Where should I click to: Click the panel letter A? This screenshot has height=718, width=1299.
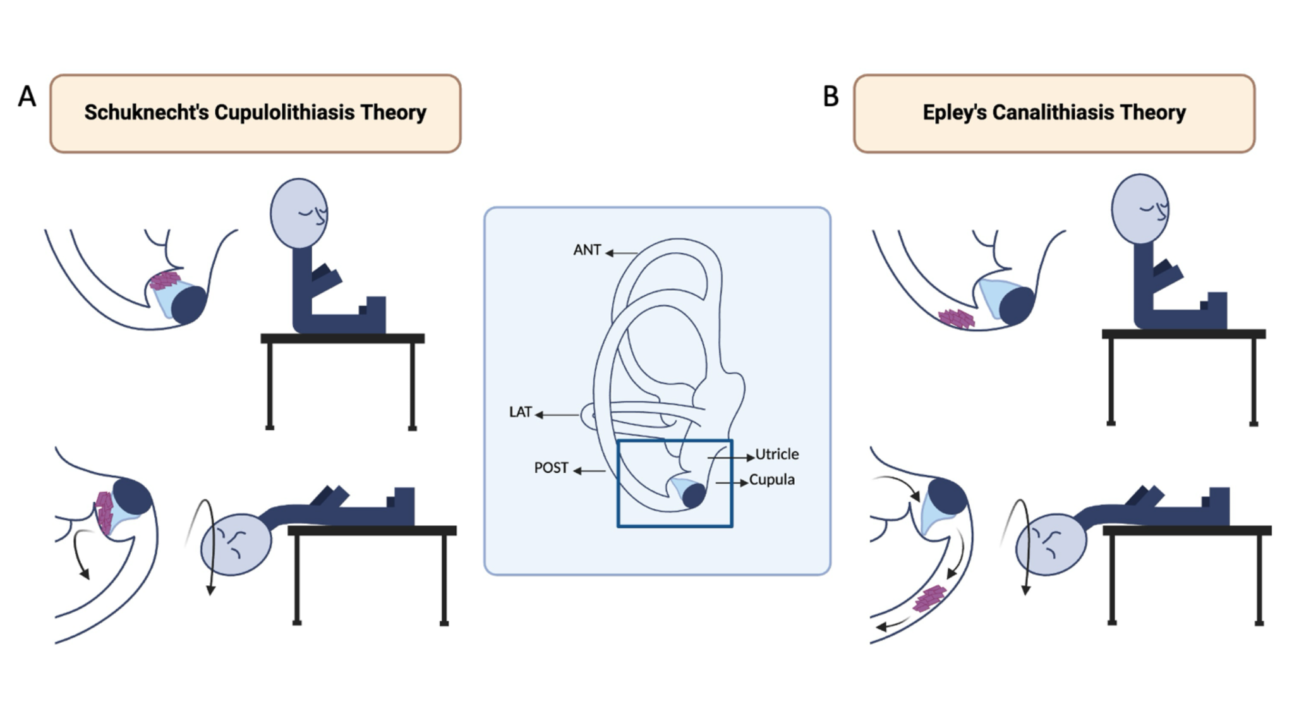[x=27, y=97]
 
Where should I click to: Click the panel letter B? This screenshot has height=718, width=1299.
[x=830, y=97]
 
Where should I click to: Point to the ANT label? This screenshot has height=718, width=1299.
[x=586, y=250]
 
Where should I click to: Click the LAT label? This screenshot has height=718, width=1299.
[x=521, y=412]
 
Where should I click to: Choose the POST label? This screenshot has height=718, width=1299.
[x=551, y=468]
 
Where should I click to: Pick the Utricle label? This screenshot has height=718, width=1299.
[x=777, y=454]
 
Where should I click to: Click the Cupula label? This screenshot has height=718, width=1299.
[x=771, y=480]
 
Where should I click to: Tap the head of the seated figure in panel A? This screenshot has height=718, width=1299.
[x=299, y=213]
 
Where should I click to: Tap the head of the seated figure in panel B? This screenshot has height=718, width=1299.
[x=1140, y=209]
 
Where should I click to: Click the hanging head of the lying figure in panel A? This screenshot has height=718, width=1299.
[x=235, y=544]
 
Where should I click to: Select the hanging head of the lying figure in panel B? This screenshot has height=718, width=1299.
[x=1051, y=544]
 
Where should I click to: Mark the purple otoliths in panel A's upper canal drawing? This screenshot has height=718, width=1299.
[x=165, y=280]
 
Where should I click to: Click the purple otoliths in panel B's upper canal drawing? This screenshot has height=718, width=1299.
[x=957, y=318]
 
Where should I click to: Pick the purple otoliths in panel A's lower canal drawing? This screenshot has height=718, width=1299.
[x=104, y=511]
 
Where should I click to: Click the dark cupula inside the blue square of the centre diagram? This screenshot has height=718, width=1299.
[x=693, y=496]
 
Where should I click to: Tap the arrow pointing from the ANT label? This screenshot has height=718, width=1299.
[x=622, y=253]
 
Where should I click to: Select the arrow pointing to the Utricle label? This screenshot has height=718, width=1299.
[x=730, y=457]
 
